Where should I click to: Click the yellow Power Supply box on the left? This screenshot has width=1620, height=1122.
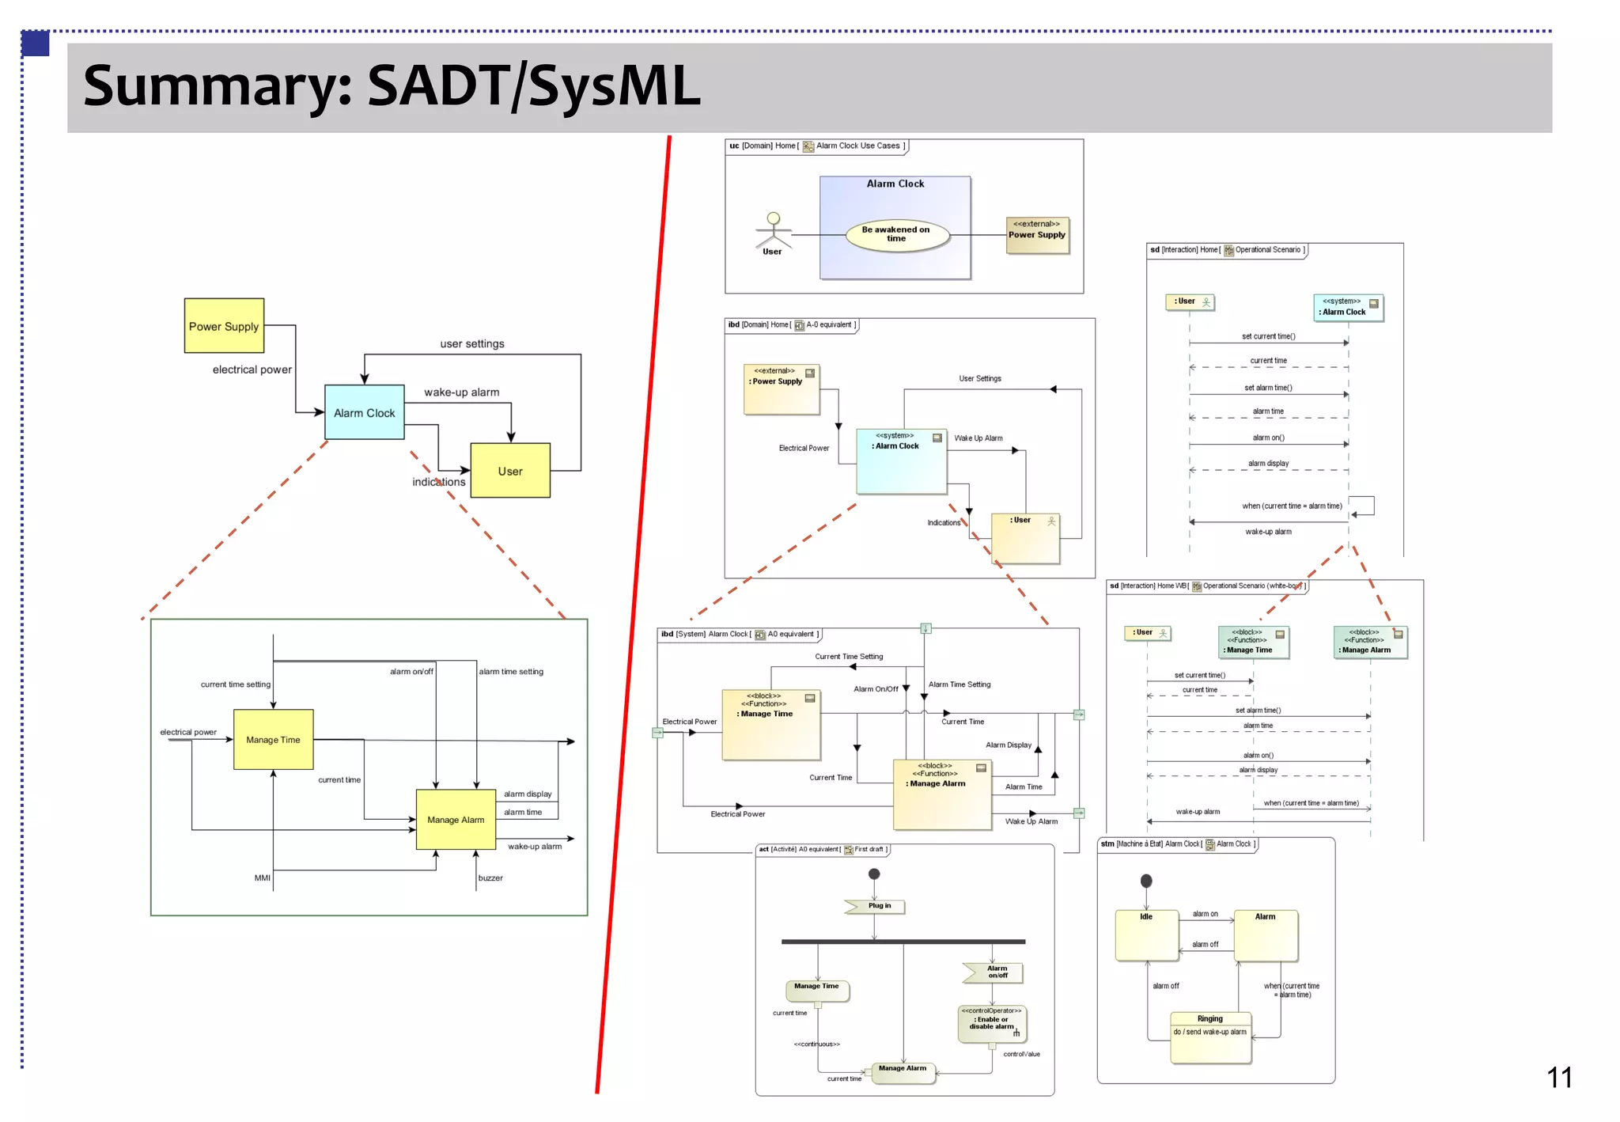click(x=224, y=325)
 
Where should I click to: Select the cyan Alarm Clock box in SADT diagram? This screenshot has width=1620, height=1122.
click(x=364, y=412)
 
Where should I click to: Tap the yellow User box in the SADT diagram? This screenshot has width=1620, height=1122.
click(x=509, y=470)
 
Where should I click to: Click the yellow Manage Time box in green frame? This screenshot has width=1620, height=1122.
click(x=273, y=739)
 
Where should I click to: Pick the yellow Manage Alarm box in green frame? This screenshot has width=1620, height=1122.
click(x=456, y=820)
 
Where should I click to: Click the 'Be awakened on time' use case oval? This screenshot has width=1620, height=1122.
click(x=895, y=234)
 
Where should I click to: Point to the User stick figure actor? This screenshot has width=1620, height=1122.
click(x=773, y=231)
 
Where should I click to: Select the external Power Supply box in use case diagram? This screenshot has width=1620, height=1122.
click(x=1036, y=235)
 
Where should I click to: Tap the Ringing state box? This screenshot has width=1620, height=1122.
click(x=1210, y=1037)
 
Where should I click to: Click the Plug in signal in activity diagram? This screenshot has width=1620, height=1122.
click(x=876, y=906)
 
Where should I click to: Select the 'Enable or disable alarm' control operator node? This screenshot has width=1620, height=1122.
click(x=992, y=1023)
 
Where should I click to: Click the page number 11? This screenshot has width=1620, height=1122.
click(x=1559, y=1078)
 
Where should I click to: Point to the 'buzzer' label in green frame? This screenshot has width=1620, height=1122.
click(x=490, y=878)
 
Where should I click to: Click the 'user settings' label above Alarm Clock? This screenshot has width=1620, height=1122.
click(x=472, y=343)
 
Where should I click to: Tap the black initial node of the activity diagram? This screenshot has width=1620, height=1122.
click(x=874, y=874)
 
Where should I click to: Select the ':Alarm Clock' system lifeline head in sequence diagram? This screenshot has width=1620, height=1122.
click(x=1348, y=307)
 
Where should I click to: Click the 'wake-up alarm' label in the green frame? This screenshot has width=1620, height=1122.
click(x=535, y=846)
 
